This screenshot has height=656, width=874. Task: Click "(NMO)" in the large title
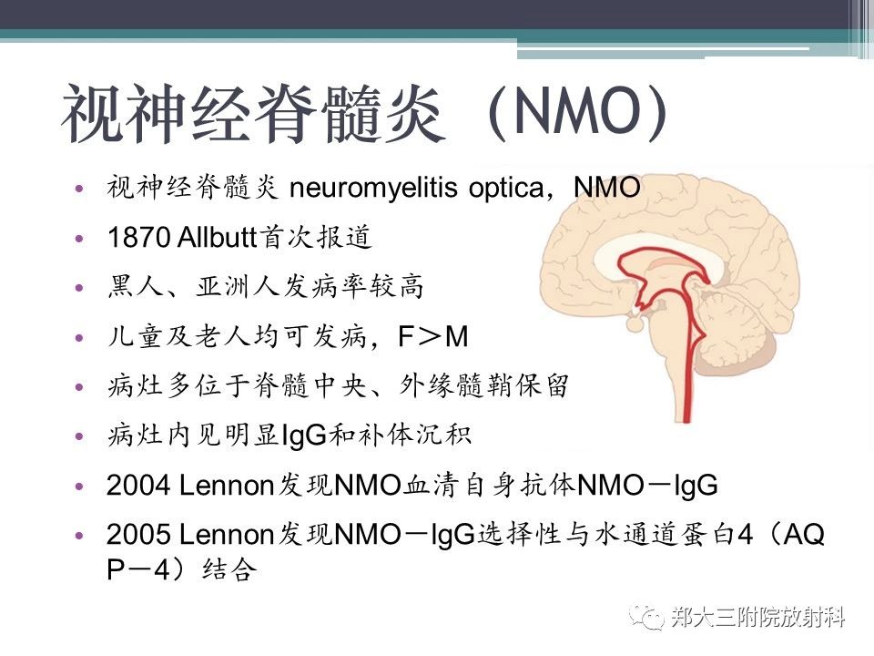point(577,112)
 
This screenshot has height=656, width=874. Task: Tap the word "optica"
point(506,189)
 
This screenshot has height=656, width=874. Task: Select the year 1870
point(138,238)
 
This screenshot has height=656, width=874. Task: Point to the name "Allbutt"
point(217,238)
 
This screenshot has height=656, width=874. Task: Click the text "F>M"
point(433,337)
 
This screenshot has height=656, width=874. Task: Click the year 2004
point(138,486)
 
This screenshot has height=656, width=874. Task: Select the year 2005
point(138,535)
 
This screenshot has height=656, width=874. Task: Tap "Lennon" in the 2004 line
point(226,486)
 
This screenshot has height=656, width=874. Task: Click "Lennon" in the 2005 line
point(226,535)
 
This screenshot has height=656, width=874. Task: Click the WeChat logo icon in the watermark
point(646,617)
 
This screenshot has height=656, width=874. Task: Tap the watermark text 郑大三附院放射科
point(757,618)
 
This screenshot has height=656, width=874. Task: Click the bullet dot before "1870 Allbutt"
point(79,238)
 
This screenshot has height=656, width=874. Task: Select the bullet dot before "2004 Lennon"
point(79,486)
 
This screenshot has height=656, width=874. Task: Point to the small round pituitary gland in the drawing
point(635,323)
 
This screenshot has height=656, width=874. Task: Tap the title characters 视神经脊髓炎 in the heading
point(254,115)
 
